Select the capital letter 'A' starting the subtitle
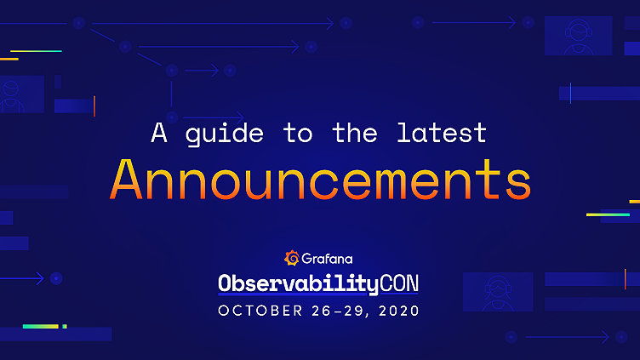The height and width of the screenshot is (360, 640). [x=159, y=133]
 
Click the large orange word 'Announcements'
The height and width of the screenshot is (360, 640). [x=321, y=179]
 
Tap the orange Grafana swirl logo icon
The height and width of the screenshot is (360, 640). [x=291, y=257]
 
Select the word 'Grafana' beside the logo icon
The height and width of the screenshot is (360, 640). [x=328, y=257]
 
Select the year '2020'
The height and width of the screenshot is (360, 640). [x=398, y=311]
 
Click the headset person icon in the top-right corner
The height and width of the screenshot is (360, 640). [x=578, y=36]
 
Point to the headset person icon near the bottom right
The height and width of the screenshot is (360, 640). [x=497, y=292]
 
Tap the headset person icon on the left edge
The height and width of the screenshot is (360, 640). [x=15, y=94]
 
